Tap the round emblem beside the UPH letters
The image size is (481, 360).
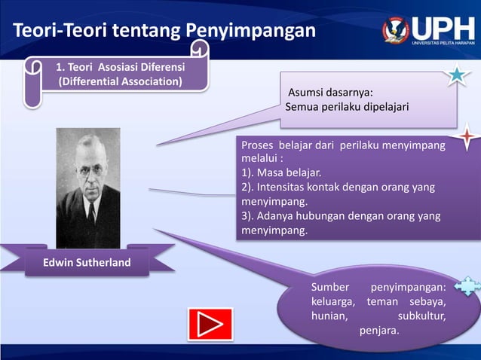(x=395, y=29)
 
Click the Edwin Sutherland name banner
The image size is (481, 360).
(x=89, y=263)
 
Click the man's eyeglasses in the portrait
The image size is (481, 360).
(x=89, y=171)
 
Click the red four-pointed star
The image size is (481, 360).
(x=467, y=139)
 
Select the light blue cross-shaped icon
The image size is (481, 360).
(x=467, y=286)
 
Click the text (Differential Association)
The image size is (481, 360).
(x=120, y=81)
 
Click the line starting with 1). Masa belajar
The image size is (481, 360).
(x=281, y=172)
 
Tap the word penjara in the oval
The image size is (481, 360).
(x=379, y=330)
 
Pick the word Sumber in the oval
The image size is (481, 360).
(x=330, y=287)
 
